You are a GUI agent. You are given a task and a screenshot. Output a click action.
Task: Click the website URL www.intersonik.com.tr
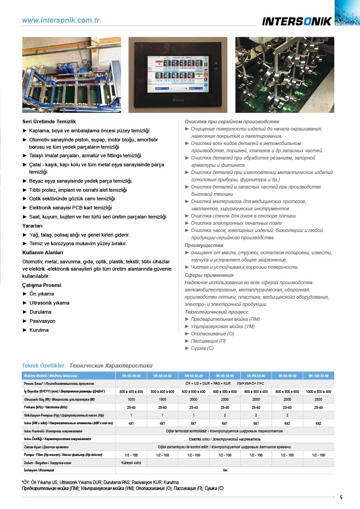61,20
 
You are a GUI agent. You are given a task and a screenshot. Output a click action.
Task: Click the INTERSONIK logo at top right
297,21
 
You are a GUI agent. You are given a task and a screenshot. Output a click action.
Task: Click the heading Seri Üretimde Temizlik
49,122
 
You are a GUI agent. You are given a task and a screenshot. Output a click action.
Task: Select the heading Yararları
33,226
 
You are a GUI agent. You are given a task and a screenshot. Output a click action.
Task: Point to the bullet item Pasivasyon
42,321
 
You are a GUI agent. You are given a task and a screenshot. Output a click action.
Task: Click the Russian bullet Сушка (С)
202,348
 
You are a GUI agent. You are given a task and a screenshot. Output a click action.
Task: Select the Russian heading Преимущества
204,245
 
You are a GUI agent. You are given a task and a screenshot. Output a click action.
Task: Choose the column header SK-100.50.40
318,376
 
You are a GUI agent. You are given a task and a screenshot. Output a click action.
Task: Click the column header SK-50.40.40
131,376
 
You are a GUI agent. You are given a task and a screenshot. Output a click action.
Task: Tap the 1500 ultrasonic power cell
162,399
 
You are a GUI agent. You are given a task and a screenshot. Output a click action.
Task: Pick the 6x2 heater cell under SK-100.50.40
318,423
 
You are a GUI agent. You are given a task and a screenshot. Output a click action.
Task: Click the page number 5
341,497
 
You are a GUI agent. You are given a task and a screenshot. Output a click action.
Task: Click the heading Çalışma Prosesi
42,286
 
